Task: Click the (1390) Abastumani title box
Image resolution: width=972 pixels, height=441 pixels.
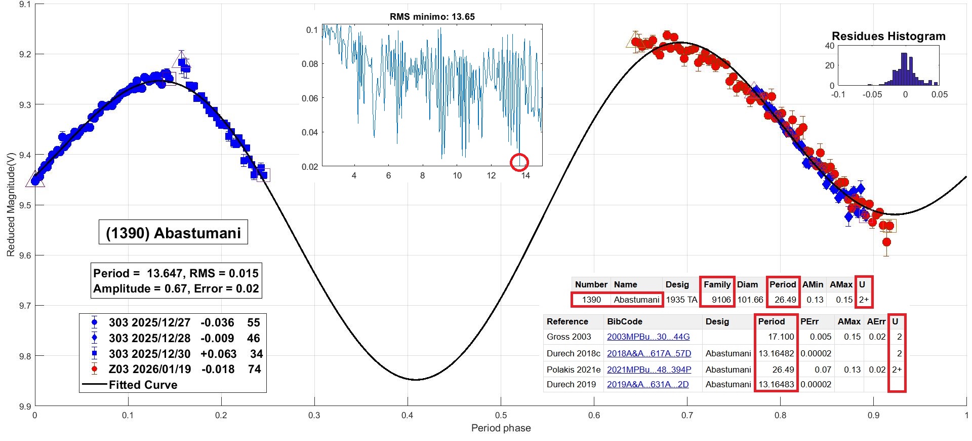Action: coord(173,233)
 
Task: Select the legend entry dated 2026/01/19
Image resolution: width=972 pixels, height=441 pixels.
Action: coord(172,369)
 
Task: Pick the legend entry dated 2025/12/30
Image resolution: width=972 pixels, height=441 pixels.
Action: coord(172,354)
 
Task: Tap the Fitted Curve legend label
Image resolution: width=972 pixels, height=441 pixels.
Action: coord(143,385)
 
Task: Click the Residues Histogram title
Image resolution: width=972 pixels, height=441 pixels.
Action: coord(888,36)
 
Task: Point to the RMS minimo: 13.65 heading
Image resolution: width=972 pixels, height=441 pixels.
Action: coord(432,17)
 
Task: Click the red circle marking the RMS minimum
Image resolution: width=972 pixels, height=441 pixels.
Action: coord(519,162)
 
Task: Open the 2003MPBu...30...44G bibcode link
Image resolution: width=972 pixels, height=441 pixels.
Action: coord(648,337)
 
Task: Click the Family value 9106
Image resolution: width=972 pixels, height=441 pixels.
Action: coord(721,300)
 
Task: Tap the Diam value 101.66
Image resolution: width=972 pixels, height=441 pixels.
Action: coord(750,300)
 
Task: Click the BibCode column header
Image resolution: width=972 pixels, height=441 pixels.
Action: coord(624,321)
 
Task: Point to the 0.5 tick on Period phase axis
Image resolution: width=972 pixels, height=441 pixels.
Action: coord(501,416)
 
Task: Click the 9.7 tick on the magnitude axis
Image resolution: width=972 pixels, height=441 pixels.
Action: coord(25,306)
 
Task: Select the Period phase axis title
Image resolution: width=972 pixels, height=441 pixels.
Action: coord(501,428)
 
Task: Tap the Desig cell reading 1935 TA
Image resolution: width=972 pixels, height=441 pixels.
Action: coord(681,300)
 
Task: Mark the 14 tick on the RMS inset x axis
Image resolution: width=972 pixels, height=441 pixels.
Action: coord(525,175)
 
